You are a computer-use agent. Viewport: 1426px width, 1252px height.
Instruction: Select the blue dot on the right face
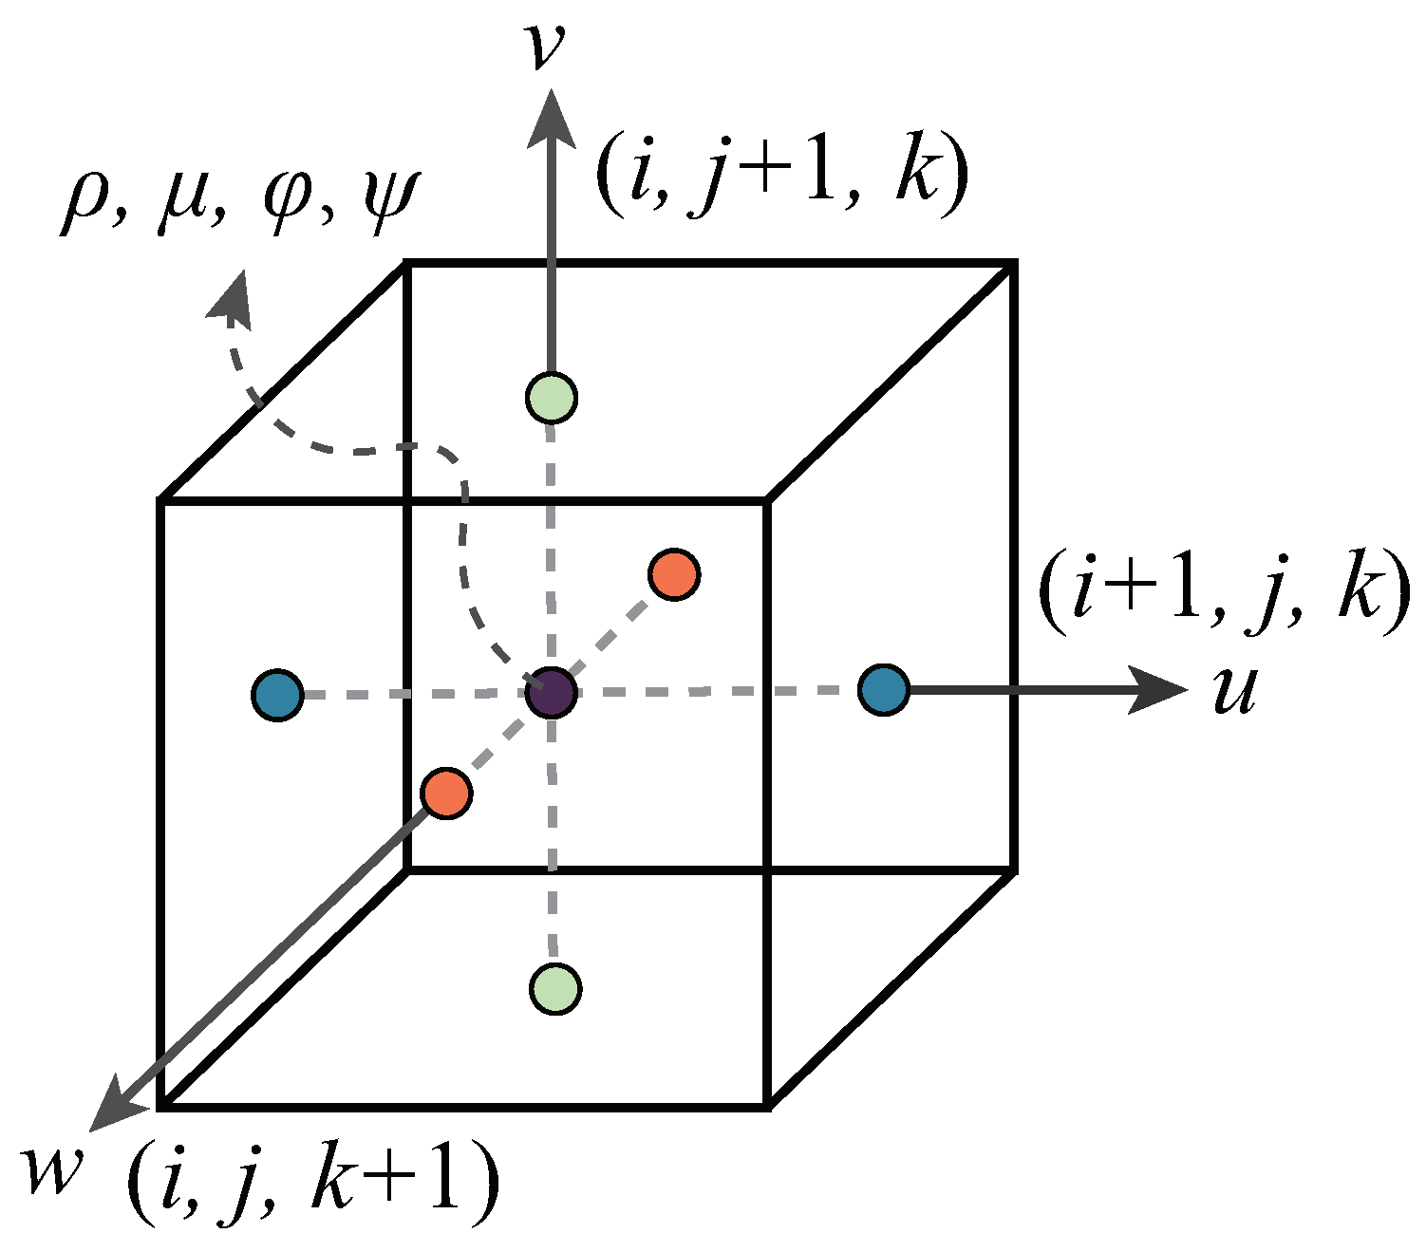point(884,690)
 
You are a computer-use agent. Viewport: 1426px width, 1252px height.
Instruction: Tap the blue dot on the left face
point(278,695)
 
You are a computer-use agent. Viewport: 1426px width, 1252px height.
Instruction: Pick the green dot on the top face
point(551,398)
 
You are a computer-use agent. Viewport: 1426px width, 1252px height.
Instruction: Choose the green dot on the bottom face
point(554,988)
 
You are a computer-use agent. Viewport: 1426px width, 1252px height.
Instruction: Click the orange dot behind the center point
point(675,573)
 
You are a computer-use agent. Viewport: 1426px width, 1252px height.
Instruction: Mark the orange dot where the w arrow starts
point(446,793)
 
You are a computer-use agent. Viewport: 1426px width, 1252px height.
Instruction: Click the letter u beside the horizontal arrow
point(1234,689)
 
